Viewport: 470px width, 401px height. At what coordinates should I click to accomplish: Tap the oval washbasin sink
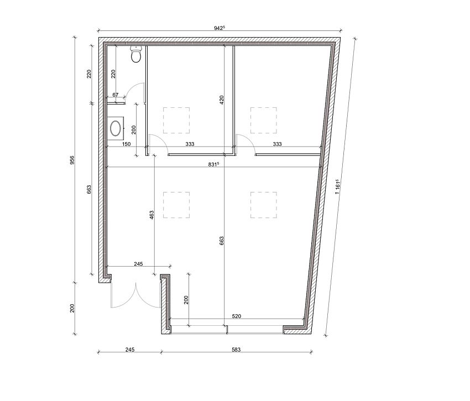116,128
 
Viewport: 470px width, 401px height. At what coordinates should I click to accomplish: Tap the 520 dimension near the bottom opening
237,317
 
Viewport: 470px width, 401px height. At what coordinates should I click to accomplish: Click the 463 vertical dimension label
151,216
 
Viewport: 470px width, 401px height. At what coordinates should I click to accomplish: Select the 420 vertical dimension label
221,100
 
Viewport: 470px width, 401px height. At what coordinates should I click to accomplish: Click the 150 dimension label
126,144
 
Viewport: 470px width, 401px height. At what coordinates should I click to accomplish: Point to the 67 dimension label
116,95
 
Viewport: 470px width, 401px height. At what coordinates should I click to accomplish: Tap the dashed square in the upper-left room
176,120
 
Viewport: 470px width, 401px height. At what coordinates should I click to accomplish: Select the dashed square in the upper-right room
263,120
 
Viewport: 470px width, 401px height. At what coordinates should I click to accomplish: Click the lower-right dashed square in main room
263,205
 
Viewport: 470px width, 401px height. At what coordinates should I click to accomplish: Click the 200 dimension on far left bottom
72,308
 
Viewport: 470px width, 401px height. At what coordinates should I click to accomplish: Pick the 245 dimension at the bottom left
129,350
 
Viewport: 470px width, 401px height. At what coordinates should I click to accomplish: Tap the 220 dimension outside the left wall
89,74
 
